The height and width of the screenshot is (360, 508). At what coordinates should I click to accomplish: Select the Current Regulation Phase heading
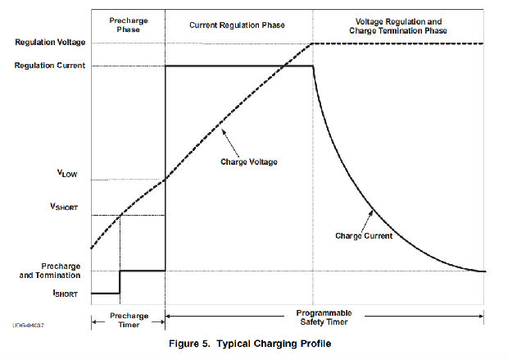237,25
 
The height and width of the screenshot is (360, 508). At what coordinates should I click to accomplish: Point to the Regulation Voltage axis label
47,43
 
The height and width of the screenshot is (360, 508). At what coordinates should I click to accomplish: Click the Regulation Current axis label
47,65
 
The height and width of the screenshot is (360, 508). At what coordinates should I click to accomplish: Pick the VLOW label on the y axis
67,175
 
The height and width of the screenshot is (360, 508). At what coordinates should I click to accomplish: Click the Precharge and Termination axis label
51,271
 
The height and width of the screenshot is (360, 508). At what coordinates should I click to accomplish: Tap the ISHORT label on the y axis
66,292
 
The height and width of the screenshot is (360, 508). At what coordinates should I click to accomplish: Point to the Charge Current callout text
364,235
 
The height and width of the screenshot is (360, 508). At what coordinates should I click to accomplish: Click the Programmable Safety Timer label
324,317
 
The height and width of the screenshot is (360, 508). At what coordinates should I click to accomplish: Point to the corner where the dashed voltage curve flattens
313,43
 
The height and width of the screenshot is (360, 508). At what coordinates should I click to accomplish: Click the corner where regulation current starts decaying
313,66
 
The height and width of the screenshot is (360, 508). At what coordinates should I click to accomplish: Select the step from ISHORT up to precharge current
120,281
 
